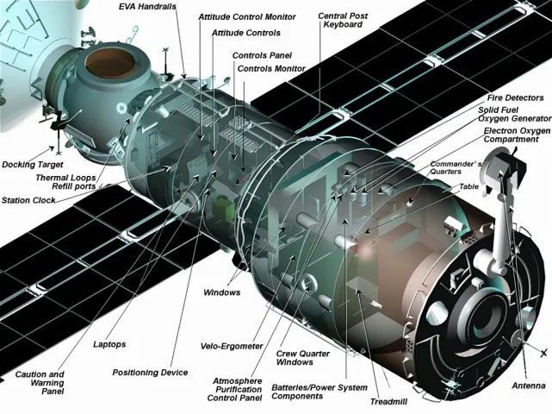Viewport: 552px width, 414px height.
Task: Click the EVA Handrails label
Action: pyautogui.click(x=147, y=6)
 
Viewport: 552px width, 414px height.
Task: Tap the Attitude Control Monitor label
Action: pyautogui.click(x=247, y=17)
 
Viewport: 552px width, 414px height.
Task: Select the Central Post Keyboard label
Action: pyautogui.click(x=343, y=21)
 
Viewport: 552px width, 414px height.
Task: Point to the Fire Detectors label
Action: pyautogui.click(x=515, y=97)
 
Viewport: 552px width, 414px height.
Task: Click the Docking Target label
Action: pyautogui.click(x=33, y=165)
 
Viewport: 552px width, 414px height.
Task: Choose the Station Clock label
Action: pyautogui.click(x=28, y=200)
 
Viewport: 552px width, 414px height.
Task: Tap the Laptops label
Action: pyautogui.click(x=109, y=344)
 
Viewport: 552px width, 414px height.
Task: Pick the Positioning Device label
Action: pyautogui.click(x=150, y=373)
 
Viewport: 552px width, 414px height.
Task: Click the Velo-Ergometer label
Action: pyautogui.click(x=232, y=346)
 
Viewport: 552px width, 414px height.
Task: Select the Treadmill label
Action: pyautogui.click(x=388, y=401)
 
